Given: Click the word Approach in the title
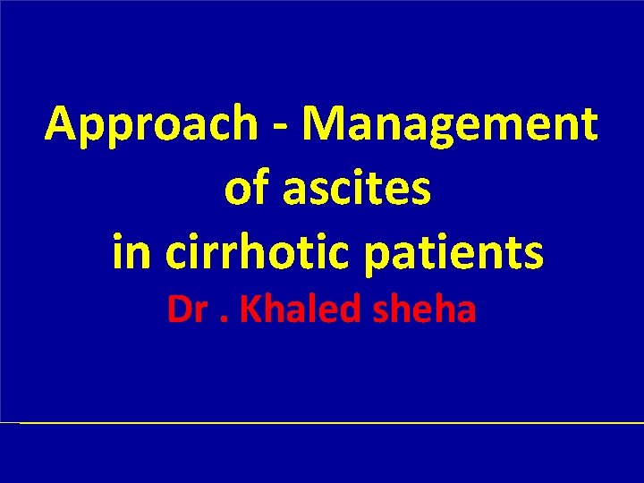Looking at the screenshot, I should (x=151, y=124).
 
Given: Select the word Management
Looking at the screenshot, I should (x=450, y=124).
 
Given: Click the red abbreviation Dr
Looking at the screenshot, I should (x=186, y=310).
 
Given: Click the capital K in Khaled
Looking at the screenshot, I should (x=249, y=310).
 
